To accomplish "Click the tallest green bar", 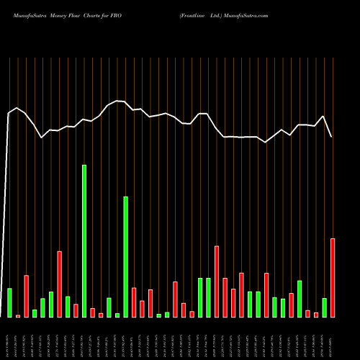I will point(84,241).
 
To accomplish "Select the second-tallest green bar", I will point(125,257).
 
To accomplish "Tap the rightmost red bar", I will point(333,278).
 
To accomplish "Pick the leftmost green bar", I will point(9,302).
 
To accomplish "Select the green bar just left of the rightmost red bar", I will point(324,307).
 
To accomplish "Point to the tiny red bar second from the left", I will point(18,315).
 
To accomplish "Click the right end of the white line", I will point(332,137).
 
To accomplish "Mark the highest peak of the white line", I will point(117,101).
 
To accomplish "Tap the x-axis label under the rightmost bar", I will point(333,338).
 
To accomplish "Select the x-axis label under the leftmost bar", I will point(9,338).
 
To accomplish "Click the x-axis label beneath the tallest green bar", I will point(84,338).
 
